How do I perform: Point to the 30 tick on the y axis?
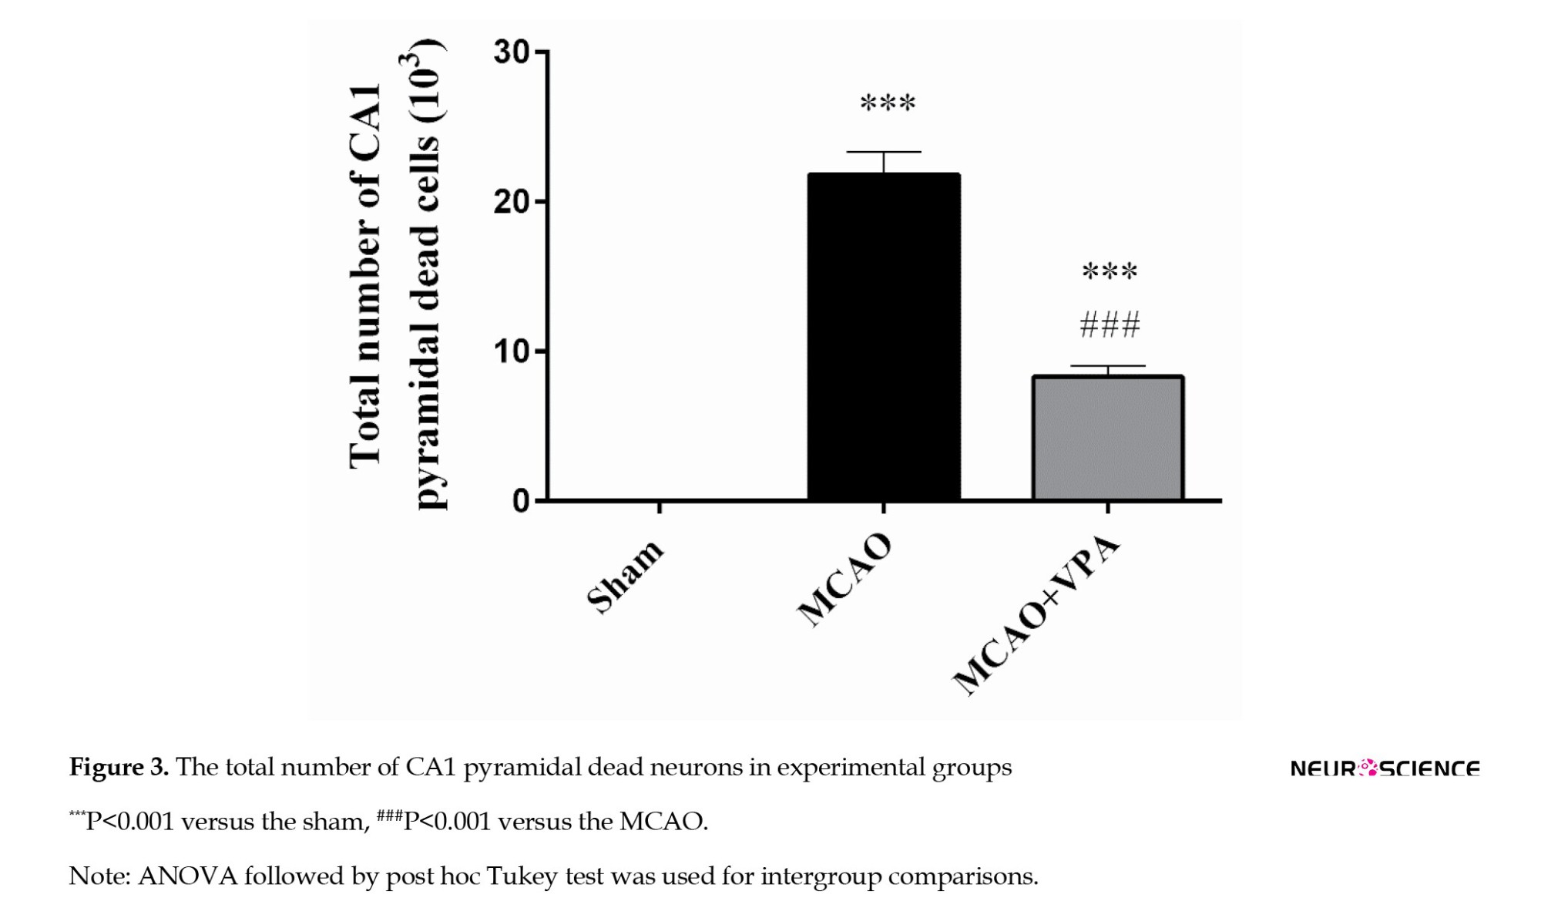[x=512, y=52]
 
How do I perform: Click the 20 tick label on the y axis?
[x=512, y=202]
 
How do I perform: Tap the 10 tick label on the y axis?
[x=512, y=351]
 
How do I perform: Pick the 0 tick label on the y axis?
[x=521, y=502]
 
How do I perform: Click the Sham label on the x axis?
[x=625, y=576]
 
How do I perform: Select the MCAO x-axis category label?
[x=844, y=580]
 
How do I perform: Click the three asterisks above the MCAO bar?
[x=888, y=103]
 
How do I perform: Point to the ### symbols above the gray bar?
[x=1110, y=325]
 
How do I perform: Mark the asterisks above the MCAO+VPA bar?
[x=1110, y=271]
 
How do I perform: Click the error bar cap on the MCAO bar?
[x=884, y=152]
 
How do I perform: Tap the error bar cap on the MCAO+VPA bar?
[x=1108, y=366]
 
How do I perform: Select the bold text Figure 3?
[x=119, y=767]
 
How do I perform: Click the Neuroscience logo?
[x=1385, y=768]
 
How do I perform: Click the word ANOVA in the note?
[x=187, y=876]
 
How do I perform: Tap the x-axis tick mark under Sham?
[x=660, y=507]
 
